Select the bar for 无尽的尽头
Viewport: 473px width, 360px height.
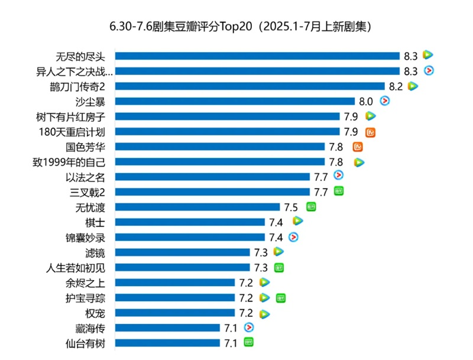click(257, 56)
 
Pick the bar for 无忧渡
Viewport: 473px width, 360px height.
click(197, 207)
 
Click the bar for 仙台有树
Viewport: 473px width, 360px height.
click(167, 343)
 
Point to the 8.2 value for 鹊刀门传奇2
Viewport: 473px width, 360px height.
click(396, 86)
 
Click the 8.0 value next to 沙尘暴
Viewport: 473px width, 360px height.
click(366, 101)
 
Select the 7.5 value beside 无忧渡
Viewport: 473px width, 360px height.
click(291, 207)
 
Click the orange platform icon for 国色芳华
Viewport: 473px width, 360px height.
click(357, 146)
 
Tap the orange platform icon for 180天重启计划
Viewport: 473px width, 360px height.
click(371, 131)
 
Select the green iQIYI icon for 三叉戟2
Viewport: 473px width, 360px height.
click(339, 191)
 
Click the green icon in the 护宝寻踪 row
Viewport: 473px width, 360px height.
click(281, 297)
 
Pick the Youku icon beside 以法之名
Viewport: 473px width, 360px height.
click(339, 176)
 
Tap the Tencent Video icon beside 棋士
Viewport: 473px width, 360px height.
click(297, 221)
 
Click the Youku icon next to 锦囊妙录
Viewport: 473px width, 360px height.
click(293, 236)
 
